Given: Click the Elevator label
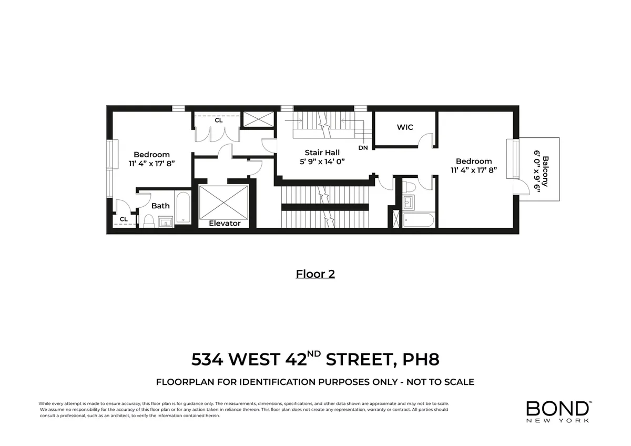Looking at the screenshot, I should click(x=225, y=224).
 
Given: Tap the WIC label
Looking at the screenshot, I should click(x=405, y=127).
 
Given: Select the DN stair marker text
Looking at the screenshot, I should click(x=363, y=148).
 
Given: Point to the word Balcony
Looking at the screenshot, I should click(x=546, y=171).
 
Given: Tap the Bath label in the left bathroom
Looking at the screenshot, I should click(x=160, y=206).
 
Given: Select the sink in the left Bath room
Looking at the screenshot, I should click(x=166, y=221).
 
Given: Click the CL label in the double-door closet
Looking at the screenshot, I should click(x=218, y=120).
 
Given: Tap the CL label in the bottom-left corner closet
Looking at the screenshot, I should click(x=124, y=219).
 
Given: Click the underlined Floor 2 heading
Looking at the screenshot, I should click(x=315, y=274).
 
